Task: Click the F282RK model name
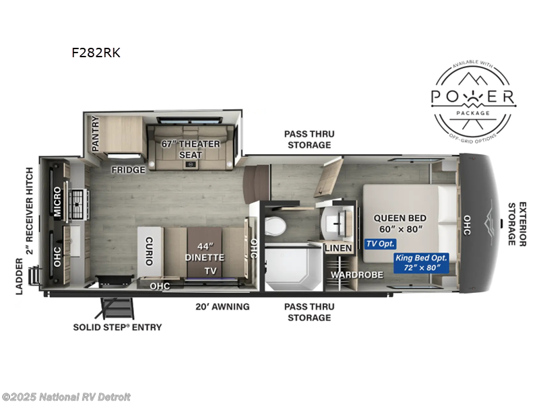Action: [96, 53]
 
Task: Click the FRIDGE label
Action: [128, 170]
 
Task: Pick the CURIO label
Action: [150, 251]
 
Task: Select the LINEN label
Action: [338, 248]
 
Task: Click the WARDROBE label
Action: [356, 275]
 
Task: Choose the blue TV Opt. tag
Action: [380, 244]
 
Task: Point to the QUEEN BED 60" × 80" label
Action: [398, 224]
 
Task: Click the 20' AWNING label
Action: [222, 307]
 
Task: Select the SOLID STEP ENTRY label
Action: [118, 327]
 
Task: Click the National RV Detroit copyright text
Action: [67, 397]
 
